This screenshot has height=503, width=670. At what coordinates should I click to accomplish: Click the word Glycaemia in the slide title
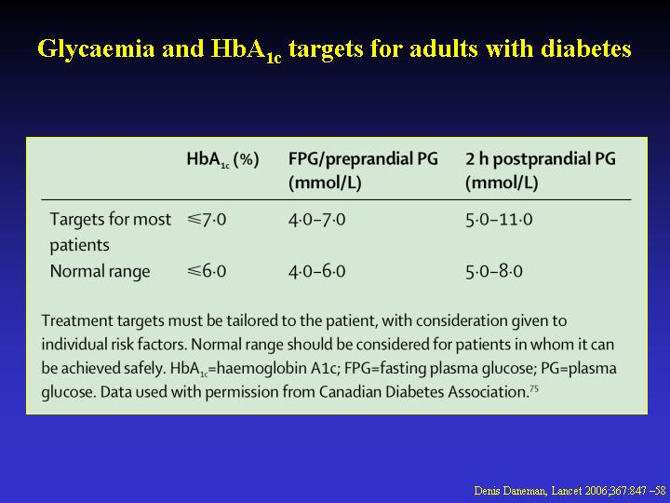click(97, 49)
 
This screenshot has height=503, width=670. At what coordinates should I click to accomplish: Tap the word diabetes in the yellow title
click(586, 48)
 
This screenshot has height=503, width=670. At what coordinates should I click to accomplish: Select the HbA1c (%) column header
click(222, 160)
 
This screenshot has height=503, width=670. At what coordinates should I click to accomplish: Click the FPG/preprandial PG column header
click(363, 170)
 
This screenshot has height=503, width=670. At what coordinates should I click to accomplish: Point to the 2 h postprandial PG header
click(541, 170)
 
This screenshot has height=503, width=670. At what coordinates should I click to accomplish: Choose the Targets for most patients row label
click(110, 232)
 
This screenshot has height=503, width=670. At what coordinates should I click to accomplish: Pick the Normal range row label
click(100, 271)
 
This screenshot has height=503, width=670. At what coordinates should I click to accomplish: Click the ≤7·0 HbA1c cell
click(207, 220)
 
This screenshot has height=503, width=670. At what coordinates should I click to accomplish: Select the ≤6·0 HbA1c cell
click(207, 271)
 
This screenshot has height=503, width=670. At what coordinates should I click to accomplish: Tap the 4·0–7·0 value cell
click(316, 220)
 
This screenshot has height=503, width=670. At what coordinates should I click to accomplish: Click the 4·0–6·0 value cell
click(316, 271)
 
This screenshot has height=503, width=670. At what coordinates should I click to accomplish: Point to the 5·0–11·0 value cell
click(499, 220)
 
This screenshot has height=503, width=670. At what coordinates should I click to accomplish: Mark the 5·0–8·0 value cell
click(494, 271)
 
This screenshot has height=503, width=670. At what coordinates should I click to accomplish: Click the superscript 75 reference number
click(534, 388)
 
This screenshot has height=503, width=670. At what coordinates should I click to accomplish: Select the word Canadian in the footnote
click(351, 392)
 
